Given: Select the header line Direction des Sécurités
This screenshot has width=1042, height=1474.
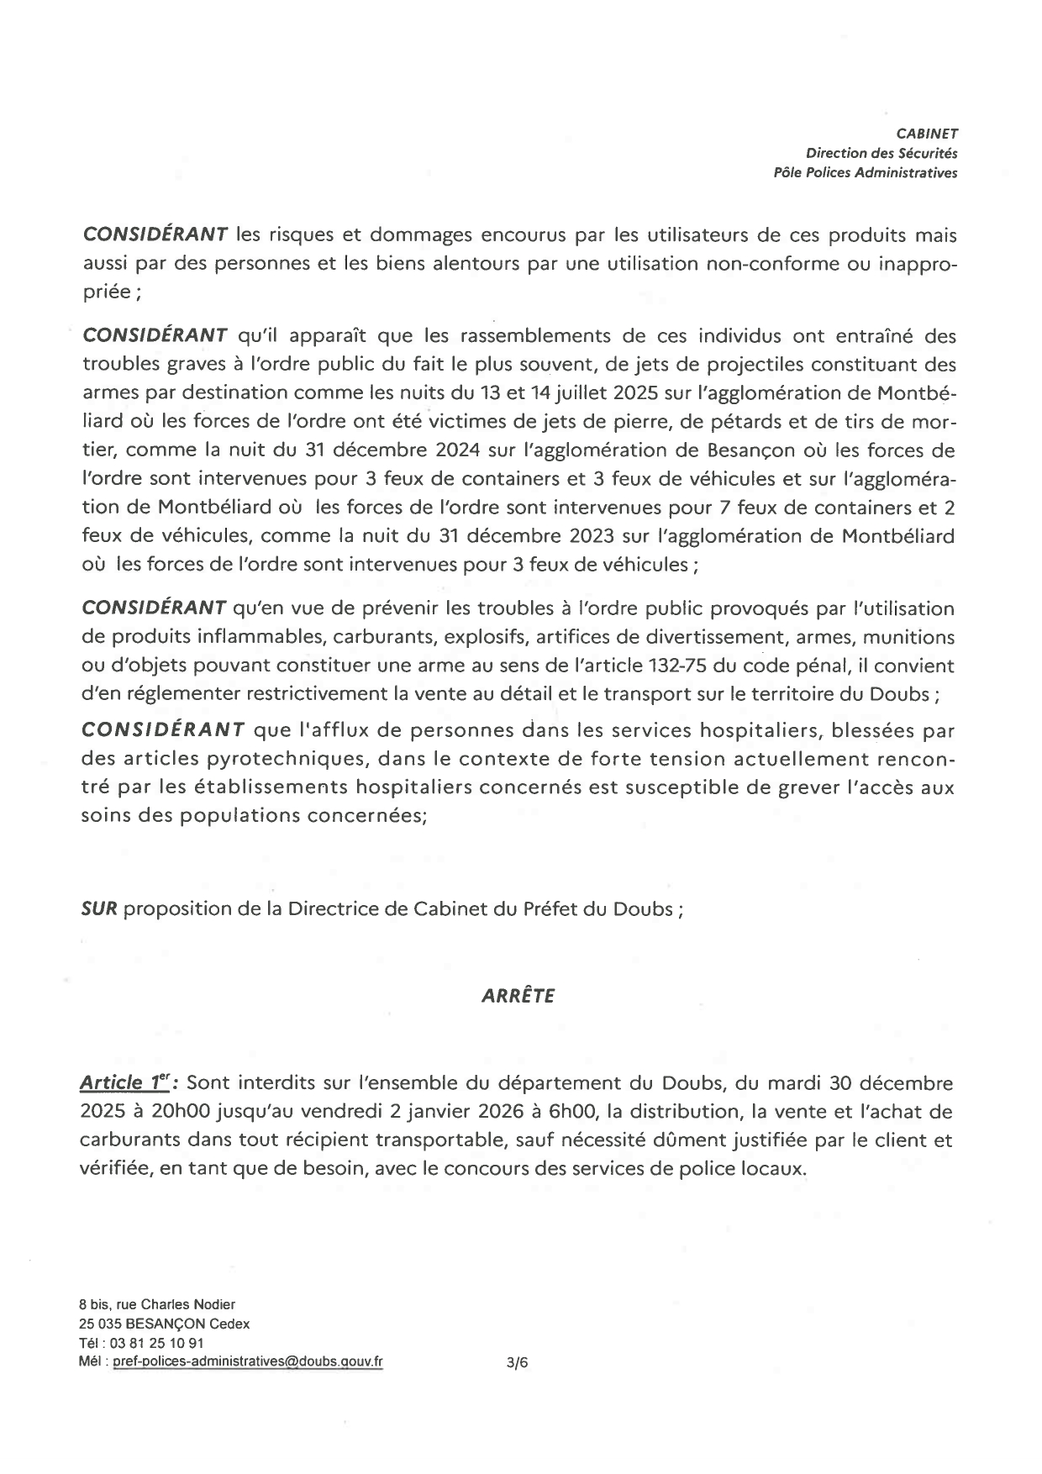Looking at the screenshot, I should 881,153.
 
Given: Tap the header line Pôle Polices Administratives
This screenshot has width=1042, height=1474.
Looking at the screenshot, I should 866,173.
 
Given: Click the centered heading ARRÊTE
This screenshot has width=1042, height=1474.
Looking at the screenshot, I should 518,996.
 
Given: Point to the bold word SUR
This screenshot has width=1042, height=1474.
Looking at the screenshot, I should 99,909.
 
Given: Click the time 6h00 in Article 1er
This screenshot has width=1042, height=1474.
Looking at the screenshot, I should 570,1112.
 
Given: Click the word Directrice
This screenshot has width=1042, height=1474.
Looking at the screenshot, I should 330,909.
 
